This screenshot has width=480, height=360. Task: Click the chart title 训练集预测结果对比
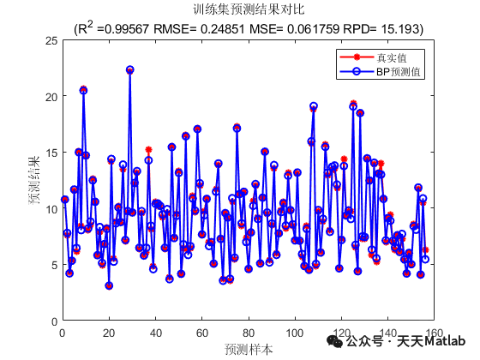click(x=248, y=10)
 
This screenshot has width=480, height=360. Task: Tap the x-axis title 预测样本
click(x=249, y=349)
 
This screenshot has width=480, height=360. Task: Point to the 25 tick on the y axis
click(x=52, y=40)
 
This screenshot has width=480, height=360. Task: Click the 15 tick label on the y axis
click(x=52, y=153)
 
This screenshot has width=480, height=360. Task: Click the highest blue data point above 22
click(x=129, y=69)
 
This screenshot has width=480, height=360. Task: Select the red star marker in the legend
click(x=355, y=57)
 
